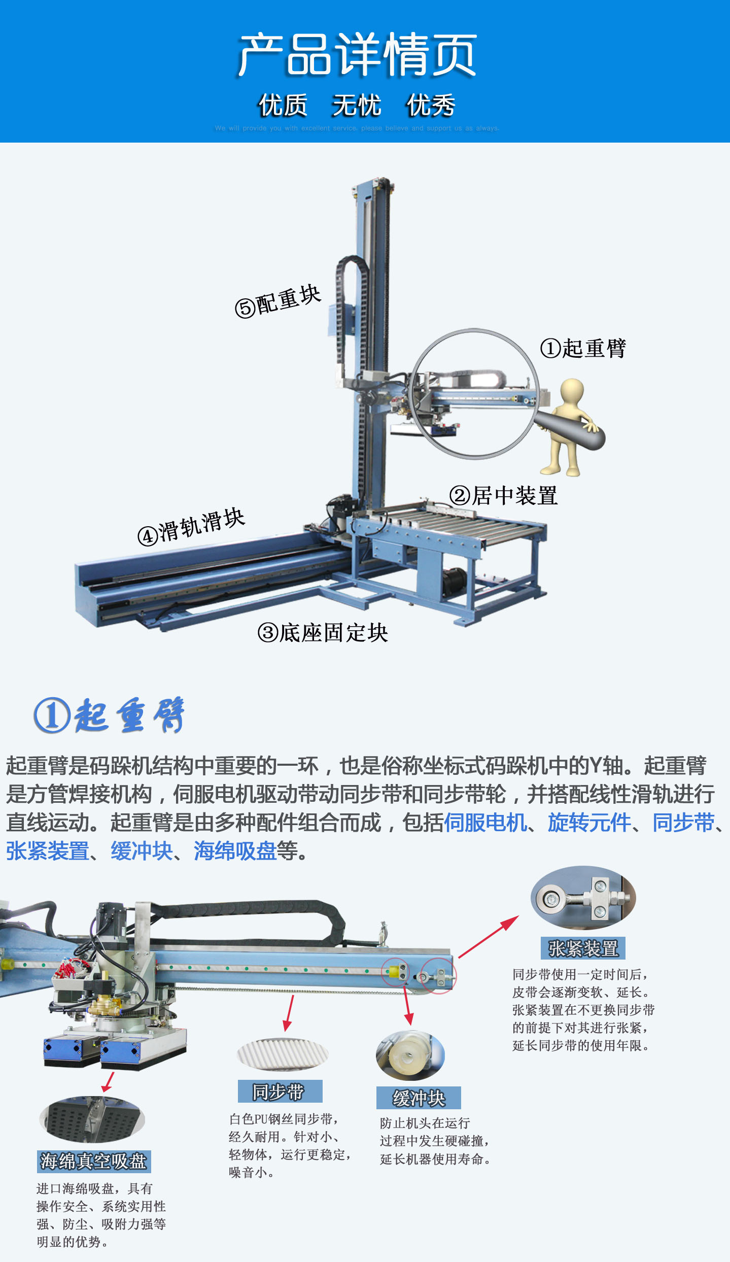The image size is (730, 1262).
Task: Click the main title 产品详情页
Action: (357, 55)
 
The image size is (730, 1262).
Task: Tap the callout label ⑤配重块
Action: (278, 301)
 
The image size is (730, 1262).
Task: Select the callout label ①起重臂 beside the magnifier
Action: (583, 349)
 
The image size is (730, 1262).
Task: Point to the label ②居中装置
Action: (504, 496)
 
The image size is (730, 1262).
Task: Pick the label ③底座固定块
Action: (323, 633)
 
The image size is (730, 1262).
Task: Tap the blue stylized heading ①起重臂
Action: (110, 715)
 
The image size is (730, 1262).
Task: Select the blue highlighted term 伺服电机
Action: (485, 823)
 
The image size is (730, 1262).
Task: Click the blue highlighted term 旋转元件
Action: (589, 823)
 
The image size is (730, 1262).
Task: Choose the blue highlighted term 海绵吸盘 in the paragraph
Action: (235, 851)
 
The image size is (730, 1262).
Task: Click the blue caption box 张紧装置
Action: (583, 948)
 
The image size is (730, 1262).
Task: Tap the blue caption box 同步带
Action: (280, 1091)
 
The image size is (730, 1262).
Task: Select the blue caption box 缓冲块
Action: (419, 1098)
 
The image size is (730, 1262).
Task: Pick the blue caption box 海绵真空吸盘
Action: (94, 1161)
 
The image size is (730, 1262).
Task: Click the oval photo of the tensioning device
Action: (583, 898)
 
